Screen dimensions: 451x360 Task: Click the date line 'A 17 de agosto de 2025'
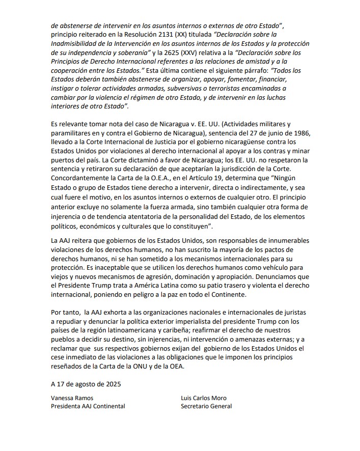click(x=86, y=385)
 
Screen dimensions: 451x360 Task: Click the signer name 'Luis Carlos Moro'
click(x=204, y=398)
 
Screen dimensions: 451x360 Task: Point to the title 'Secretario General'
click(x=206, y=406)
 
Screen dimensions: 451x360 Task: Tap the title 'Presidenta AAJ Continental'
click(x=88, y=406)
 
